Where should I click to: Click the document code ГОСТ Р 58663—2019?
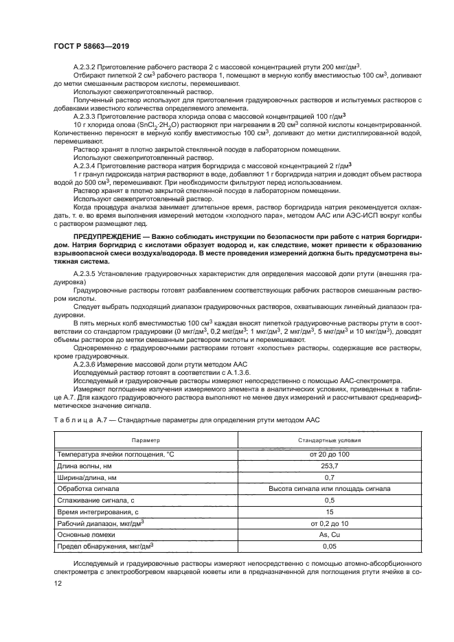91,45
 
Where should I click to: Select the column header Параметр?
145,439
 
